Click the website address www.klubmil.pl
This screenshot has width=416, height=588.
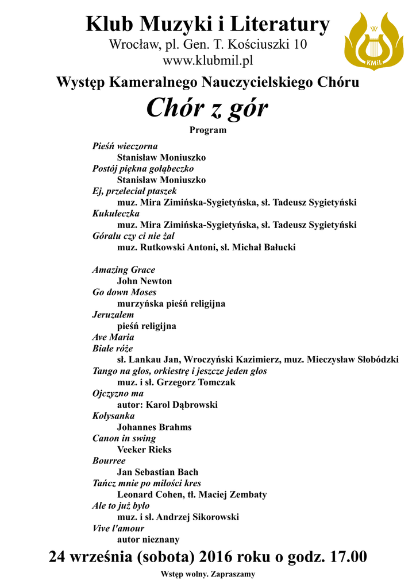click(x=208, y=59)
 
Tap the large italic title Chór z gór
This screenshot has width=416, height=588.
click(x=207, y=108)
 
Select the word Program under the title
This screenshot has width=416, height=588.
click(x=208, y=130)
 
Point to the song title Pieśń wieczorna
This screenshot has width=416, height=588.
click(x=125, y=146)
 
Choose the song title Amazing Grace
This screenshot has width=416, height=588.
click(x=124, y=270)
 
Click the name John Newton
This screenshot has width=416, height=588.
click(x=144, y=281)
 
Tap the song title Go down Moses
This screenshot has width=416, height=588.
click(x=124, y=292)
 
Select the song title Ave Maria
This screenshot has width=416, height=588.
click(x=113, y=337)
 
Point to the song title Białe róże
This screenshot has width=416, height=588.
click(x=113, y=349)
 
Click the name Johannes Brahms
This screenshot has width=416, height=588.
click(x=154, y=427)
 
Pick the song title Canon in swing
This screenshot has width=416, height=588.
click(x=124, y=439)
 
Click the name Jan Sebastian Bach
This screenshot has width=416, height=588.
click(x=157, y=472)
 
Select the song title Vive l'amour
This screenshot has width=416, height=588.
click(x=118, y=528)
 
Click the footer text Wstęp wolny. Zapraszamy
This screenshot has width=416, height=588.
click(x=208, y=574)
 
